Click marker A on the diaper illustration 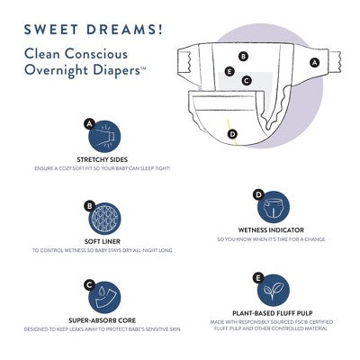314,62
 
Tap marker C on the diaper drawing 247,80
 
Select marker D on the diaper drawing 232,134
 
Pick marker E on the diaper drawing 230,70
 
